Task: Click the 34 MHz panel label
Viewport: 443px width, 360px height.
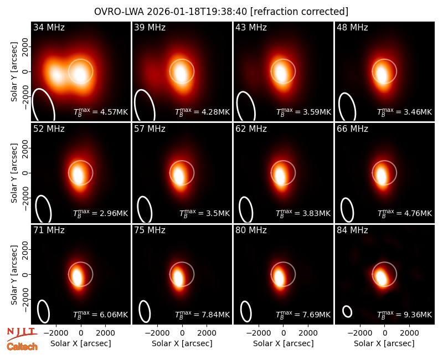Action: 49,27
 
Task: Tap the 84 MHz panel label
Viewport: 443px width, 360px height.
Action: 352,230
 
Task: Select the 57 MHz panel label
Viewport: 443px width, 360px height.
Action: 150,129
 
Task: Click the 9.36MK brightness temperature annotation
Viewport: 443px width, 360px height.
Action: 405,314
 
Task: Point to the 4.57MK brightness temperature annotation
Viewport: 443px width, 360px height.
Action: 101,112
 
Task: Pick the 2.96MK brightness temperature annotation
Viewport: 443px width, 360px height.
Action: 101,213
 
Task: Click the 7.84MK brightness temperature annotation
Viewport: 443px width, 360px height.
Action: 202,314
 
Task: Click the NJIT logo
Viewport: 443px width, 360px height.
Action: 22,334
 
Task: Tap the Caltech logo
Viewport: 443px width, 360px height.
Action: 22,347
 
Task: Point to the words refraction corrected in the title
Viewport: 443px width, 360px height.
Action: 299,12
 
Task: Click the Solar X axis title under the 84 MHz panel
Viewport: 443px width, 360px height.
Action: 384,343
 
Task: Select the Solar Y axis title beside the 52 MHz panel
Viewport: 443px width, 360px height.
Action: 14,173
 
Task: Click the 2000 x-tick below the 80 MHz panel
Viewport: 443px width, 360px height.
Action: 308,333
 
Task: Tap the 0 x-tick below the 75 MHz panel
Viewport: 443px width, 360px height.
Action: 182,333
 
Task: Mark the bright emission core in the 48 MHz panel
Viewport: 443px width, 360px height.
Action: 382,74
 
